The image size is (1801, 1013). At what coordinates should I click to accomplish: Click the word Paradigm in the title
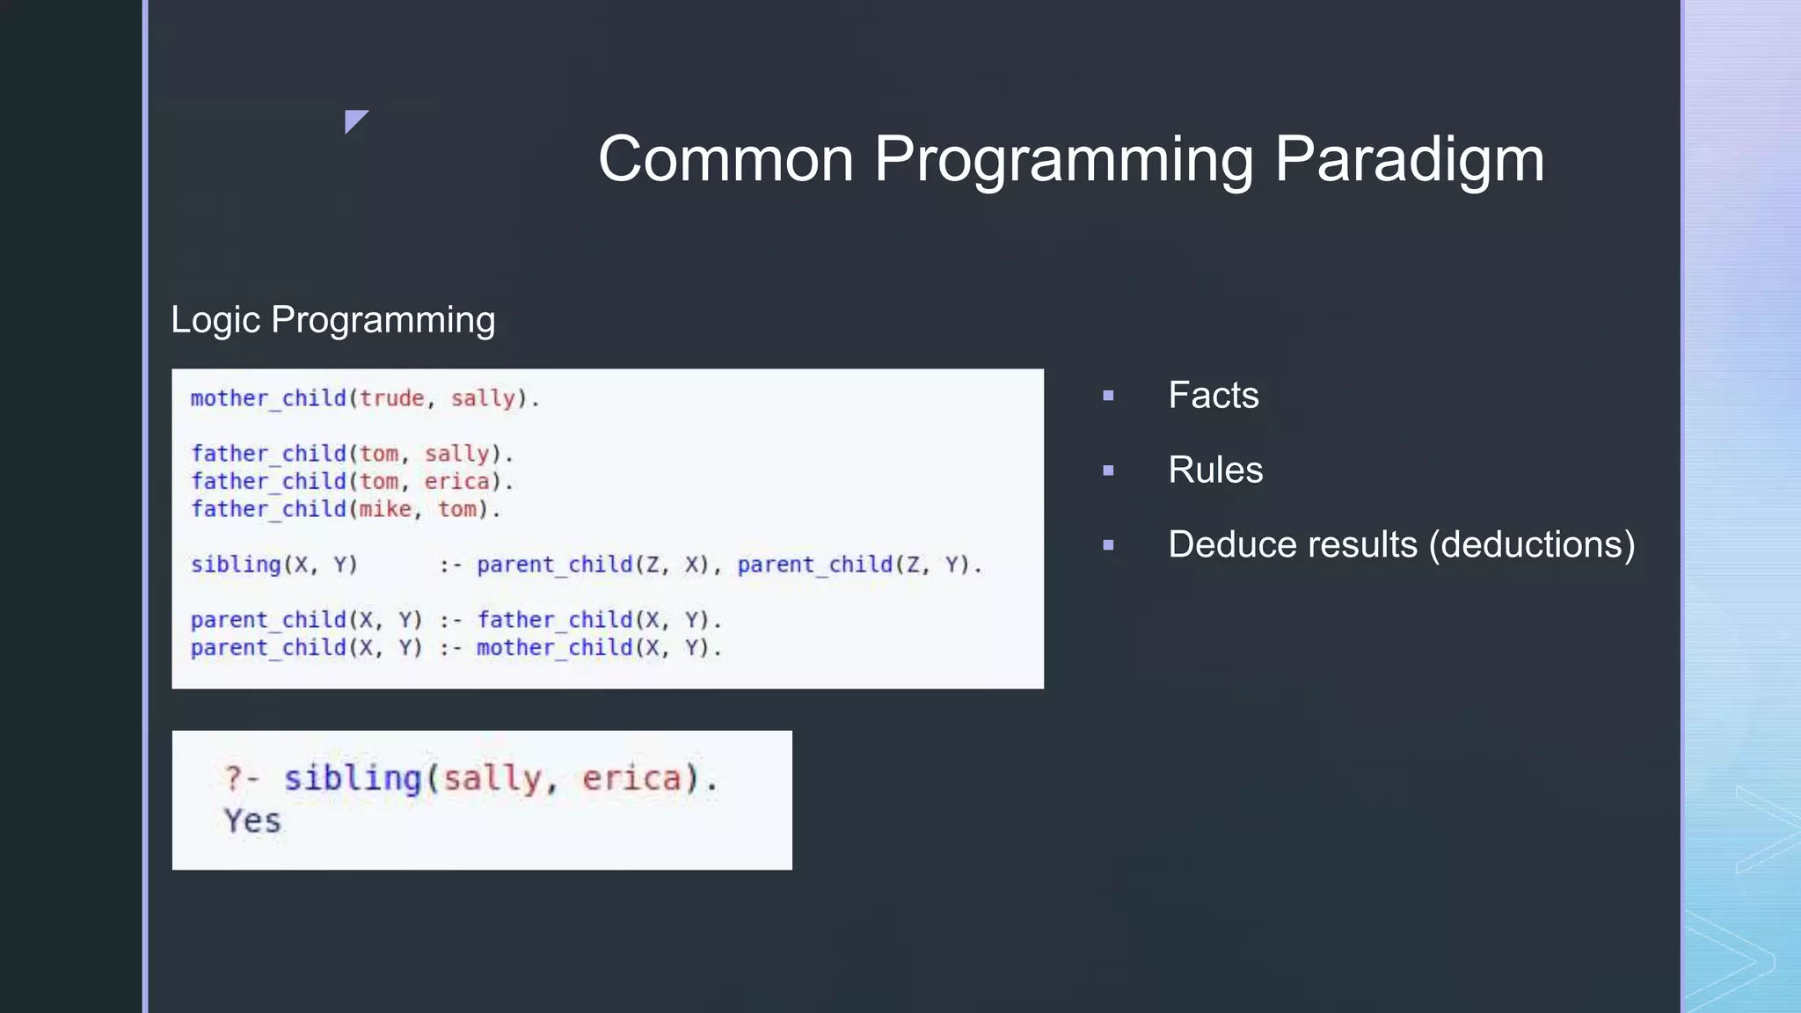coord(1409,160)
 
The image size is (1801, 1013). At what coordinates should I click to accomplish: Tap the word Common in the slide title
coord(726,160)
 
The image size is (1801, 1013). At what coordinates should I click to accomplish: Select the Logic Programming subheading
coord(332,320)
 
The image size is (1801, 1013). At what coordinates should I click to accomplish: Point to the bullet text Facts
coord(1213,396)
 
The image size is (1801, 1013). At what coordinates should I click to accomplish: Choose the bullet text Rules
coord(1214,470)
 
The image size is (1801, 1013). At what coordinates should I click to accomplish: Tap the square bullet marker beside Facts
coord(1108,397)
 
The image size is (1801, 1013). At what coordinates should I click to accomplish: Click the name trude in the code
coord(391,398)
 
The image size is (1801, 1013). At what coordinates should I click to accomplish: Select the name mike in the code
coord(385,509)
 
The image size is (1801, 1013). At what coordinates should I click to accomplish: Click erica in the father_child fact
coord(456,482)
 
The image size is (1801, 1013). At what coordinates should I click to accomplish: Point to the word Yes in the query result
coord(252,821)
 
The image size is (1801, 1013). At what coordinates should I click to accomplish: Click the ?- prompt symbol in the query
coord(240,778)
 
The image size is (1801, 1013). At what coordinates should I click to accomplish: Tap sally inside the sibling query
coord(491,779)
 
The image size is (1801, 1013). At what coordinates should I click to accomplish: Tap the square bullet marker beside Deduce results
coord(1108,545)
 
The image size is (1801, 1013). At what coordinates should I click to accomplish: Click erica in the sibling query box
coord(631,779)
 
